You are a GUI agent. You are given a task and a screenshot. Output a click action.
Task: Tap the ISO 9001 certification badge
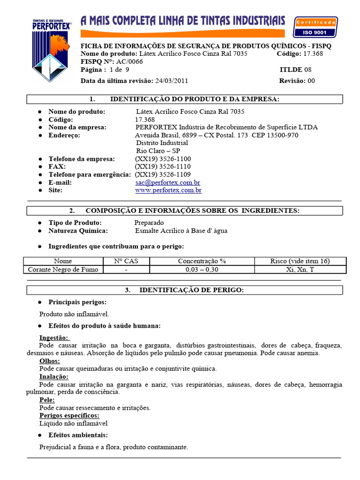(x=315, y=27)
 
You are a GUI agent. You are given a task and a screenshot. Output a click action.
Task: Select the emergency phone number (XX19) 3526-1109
(x=163, y=174)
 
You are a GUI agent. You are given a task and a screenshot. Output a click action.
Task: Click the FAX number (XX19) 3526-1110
(x=163, y=166)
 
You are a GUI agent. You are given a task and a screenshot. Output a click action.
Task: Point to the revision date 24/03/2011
(x=172, y=81)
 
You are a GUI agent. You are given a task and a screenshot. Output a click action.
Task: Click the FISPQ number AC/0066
(x=132, y=61)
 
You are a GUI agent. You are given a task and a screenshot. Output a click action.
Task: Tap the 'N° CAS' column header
(x=126, y=261)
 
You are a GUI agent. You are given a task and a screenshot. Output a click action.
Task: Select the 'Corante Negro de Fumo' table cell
(x=63, y=270)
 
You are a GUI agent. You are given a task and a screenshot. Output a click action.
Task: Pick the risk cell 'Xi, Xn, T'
(x=300, y=270)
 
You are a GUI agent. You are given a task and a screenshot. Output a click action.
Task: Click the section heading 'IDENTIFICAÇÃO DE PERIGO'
(x=191, y=290)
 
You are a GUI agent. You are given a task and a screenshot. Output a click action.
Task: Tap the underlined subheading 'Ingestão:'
(x=54, y=337)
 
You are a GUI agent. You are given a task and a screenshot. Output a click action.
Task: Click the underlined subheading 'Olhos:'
(x=50, y=361)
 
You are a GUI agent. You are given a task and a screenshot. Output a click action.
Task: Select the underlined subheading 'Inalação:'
(x=54, y=376)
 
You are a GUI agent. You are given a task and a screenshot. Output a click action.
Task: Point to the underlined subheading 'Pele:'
(x=47, y=400)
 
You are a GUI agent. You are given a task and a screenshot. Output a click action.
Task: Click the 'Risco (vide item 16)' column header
(x=300, y=261)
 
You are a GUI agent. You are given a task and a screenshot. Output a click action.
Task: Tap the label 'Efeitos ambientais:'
(x=78, y=435)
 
